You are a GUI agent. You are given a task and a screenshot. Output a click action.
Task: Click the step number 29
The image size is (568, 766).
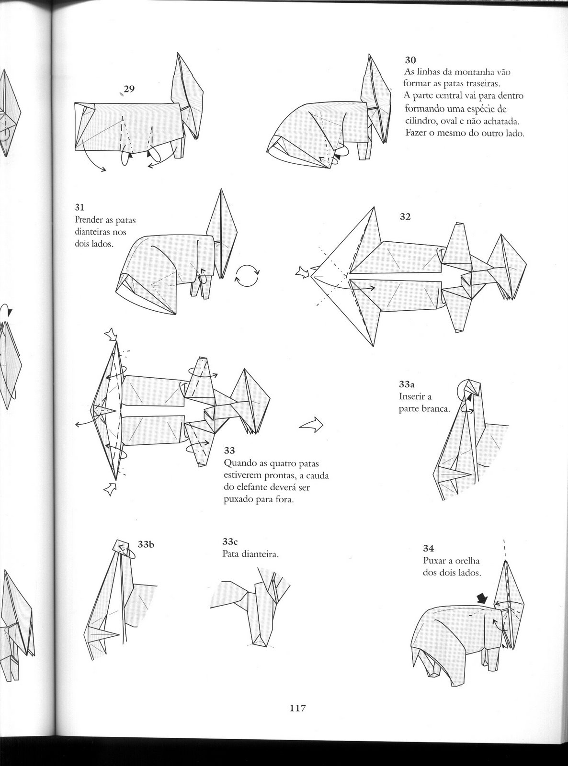pyautogui.click(x=129, y=89)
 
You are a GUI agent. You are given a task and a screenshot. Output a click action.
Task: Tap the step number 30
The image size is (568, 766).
pyautogui.click(x=410, y=60)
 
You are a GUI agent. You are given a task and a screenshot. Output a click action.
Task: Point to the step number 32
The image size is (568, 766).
pyautogui.click(x=405, y=216)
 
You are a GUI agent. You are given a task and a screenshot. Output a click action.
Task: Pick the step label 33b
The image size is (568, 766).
pyautogui.click(x=147, y=544)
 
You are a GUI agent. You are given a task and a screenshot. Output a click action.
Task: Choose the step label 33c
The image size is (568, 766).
pyautogui.click(x=230, y=542)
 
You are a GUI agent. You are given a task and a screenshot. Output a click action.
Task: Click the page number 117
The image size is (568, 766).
pyautogui.click(x=297, y=708)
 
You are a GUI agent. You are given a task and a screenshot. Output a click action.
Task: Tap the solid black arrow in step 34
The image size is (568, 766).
pyautogui.click(x=483, y=597)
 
